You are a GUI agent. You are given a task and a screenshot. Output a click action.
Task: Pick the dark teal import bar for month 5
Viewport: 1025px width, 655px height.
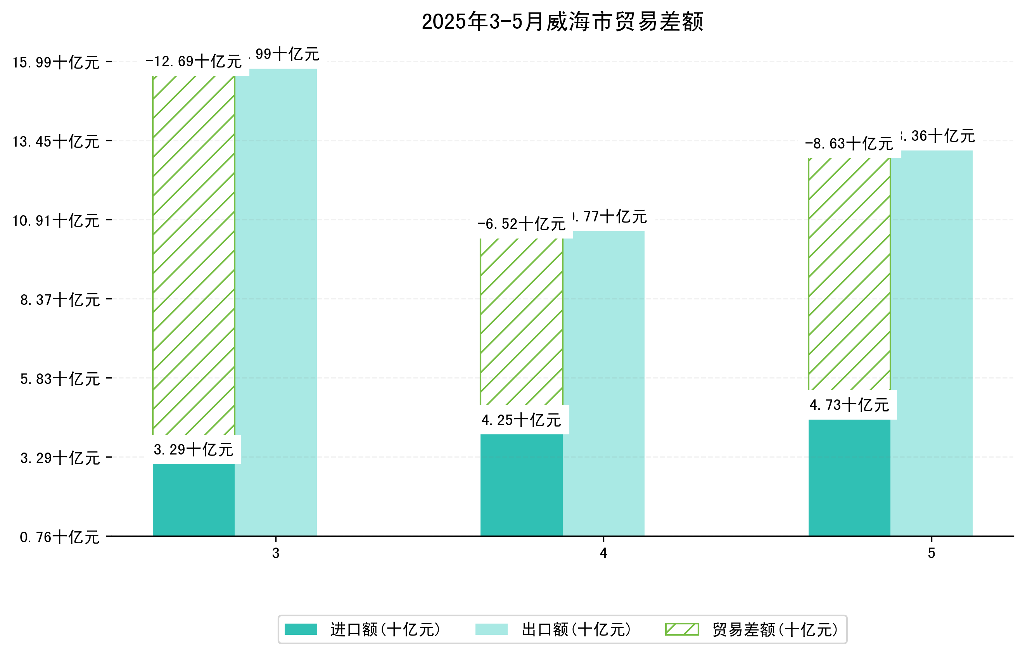point(849,477)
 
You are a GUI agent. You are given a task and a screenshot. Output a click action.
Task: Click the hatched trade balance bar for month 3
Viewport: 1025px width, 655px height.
point(194,255)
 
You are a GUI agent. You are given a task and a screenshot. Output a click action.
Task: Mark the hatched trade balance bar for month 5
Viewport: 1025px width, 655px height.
point(849,274)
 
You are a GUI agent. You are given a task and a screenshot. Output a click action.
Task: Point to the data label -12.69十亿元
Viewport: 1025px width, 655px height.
point(194,62)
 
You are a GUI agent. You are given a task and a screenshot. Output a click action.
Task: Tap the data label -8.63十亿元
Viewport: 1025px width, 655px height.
point(849,144)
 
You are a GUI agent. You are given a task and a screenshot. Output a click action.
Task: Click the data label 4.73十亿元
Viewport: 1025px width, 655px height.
point(849,405)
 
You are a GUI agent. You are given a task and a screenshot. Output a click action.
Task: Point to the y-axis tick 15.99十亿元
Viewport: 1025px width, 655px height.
point(56,62)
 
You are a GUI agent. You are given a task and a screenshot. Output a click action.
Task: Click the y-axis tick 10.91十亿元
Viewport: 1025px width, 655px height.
point(56,220)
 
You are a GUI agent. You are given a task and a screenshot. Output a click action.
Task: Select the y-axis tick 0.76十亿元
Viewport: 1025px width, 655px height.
point(60,537)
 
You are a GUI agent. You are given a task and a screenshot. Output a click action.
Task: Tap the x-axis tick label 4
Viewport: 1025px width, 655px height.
point(603,553)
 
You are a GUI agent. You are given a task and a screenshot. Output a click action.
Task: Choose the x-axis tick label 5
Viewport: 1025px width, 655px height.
point(932,553)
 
